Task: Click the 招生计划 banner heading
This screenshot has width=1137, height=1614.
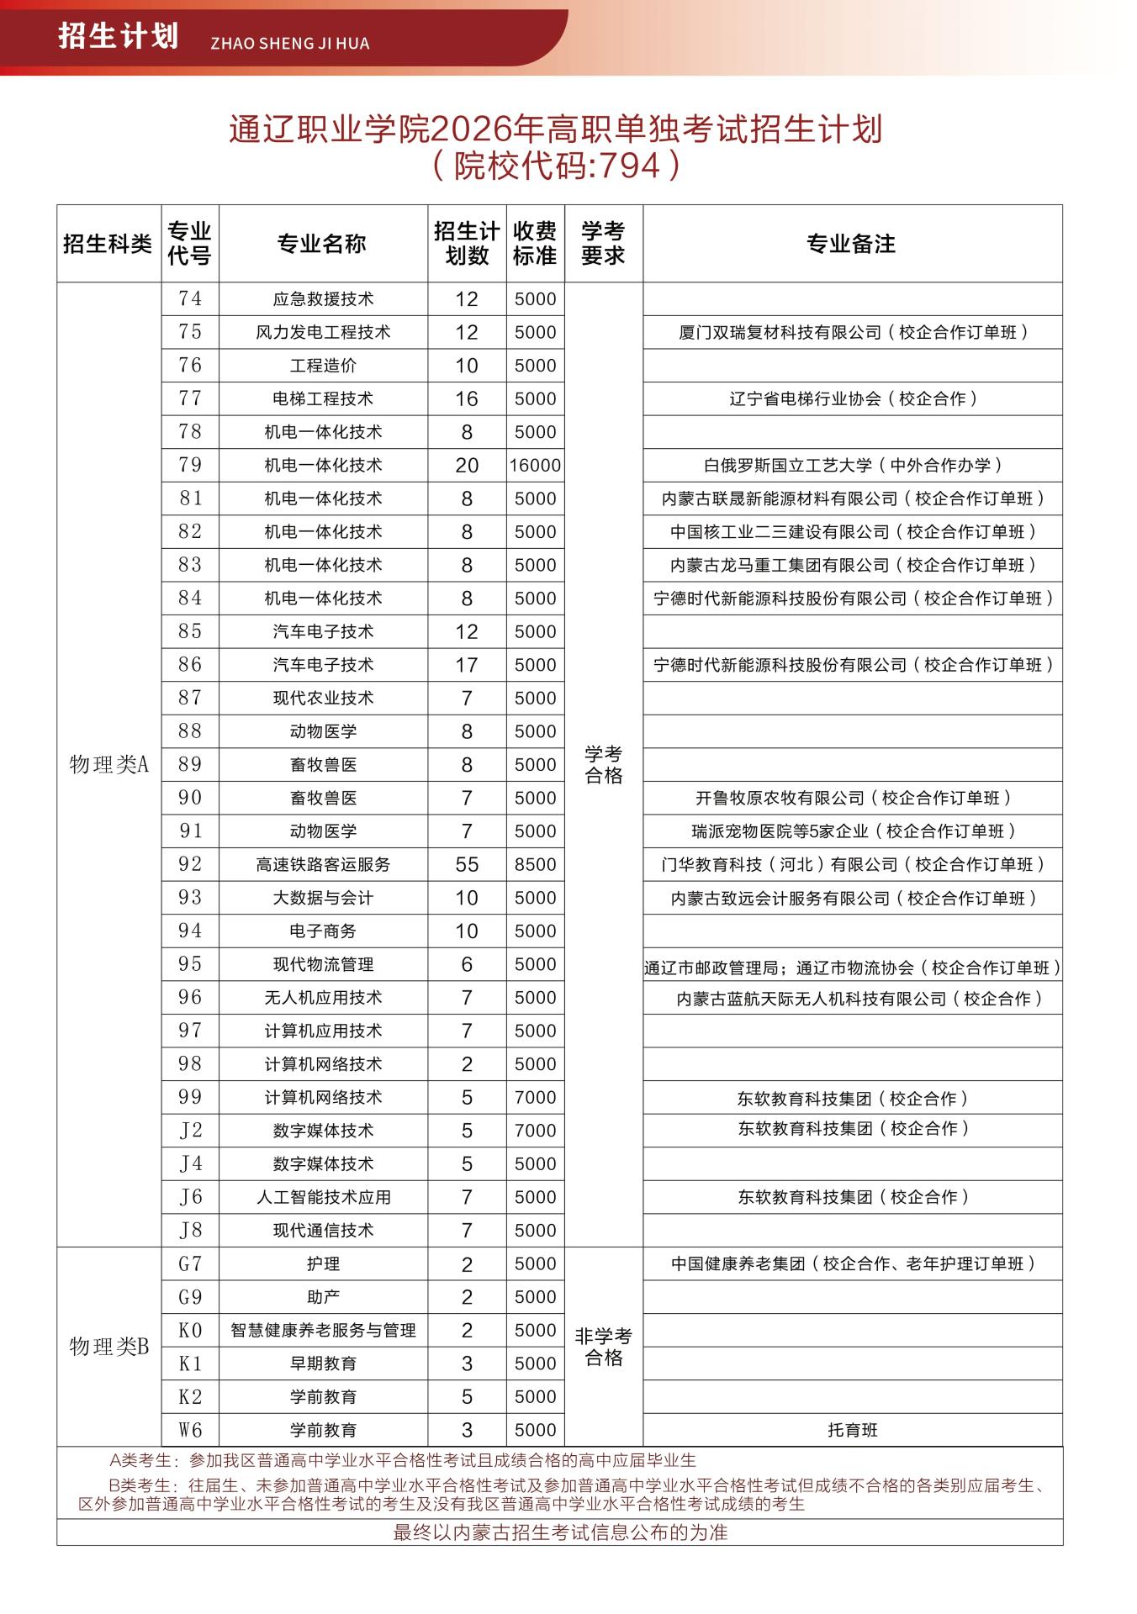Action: click(x=119, y=37)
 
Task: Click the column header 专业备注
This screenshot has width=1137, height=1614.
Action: click(x=851, y=244)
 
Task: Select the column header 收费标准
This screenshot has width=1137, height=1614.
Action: click(x=535, y=244)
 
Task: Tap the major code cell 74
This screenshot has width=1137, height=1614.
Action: click(x=190, y=298)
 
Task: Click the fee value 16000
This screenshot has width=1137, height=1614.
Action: click(x=535, y=466)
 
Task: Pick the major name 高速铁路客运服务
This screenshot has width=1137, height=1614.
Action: click(x=323, y=864)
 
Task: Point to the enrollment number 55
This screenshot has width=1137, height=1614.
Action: click(x=467, y=864)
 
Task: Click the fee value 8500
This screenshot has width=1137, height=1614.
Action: click(x=535, y=864)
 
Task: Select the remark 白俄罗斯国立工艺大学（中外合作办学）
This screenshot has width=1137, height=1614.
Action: click(x=853, y=466)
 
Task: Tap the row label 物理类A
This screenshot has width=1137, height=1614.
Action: click(x=108, y=764)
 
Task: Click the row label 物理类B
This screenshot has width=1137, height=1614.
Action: click(x=108, y=1346)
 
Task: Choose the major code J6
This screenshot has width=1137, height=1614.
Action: click(x=190, y=1196)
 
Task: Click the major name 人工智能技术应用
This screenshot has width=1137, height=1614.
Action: click(x=323, y=1197)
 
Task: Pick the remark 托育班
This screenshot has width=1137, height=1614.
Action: click(x=852, y=1430)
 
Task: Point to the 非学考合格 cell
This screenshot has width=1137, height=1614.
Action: click(x=603, y=1347)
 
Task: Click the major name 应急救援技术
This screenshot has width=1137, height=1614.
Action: click(x=323, y=299)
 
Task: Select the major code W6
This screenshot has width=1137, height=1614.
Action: click(x=190, y=1429)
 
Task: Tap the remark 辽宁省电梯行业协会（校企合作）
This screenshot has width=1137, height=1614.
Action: click(x=853, y=399)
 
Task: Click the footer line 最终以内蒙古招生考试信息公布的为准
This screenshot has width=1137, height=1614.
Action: click(x=560, y=1532)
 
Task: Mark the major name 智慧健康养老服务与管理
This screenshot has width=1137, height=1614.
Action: click(x=323, y=1330)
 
